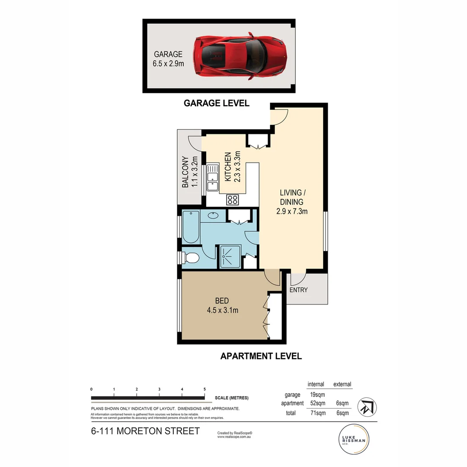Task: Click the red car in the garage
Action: pyautogui.click(x=240, y=55)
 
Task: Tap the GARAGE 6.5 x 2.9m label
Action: pyautogui.click(x=169, y=59)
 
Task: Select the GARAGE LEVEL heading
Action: pyautogui.click(x=216, y=103)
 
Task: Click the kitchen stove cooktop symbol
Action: pyautogui.click(x=233, y=200)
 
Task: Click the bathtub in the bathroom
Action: pyautogui.click(x=191, y=227)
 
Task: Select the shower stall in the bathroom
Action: pyautogui.click(x=230, y=257)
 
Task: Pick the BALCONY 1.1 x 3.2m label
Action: pyautogui.click(x=189, y=172)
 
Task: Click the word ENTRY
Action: pyautogui.click(x=298, y=290)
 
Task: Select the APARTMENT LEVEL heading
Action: pyautogui.click(x=261, y=356)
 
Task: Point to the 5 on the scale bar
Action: pyautogui.click(x=205, y=389)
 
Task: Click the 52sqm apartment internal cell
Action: pyautogui.click(x=318, y=403)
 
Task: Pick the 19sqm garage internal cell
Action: pyautogui.click(x=318, y=394)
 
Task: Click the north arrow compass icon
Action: pyautogui.click(x=367, y=407)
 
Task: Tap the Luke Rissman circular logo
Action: pyautogui.click(x=354, y=439)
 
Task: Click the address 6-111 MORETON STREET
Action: pyautogui.click(x=145, y=431)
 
